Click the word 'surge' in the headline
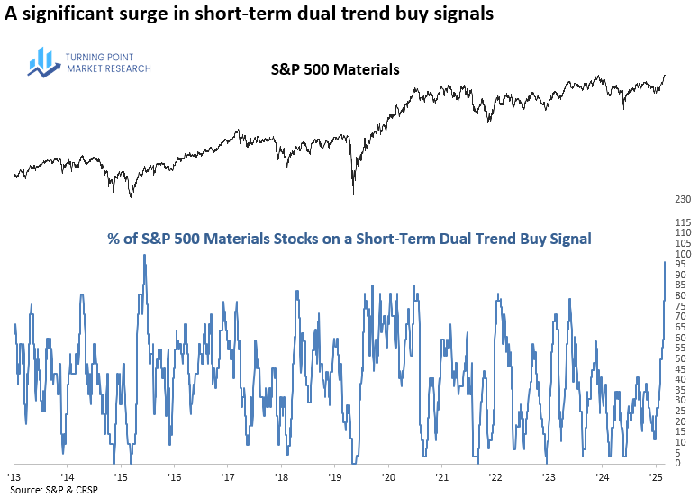pyautogui.click(x=136, y=14)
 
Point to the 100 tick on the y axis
pyautogui.click(x=681, y=254)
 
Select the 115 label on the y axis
pyautogui.click(x=681, y=222)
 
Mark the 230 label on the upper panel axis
pyautogui.click(x=681, y=199)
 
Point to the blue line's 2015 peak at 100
pyautogui.click(x=144, y=256)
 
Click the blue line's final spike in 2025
pyautogui.click(x=665, y=262)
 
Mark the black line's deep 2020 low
pyautogui.click(x=353, y=192)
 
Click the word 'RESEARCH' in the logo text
pyautogui.click(x=128, y=68)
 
